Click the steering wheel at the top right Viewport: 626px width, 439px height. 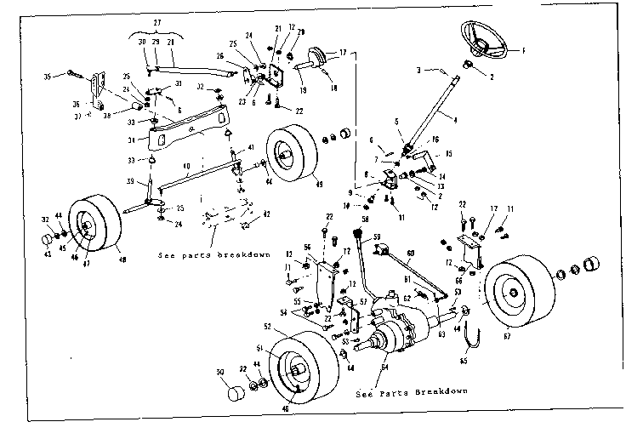point(484,40)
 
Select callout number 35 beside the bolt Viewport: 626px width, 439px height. point(48,76)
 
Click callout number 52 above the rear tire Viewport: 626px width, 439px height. point(267,327)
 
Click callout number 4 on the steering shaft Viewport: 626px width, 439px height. point(455,121)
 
